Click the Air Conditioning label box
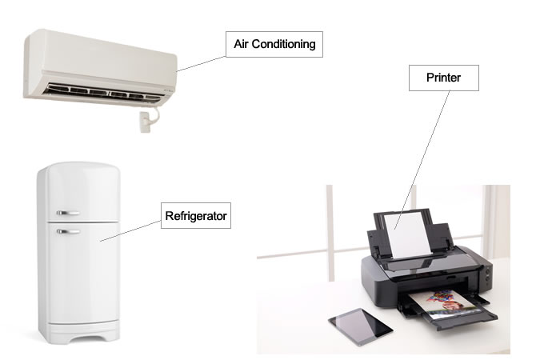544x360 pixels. (274, 44)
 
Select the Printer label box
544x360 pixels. (444, 78)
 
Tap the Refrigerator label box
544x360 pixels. (196, 215)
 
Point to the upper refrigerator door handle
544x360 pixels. (68, 213)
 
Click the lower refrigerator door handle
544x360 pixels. (68, 231)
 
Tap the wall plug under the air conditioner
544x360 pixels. (145, 122)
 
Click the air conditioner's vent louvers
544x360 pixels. (103, 93)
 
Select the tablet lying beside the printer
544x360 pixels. (361, 326)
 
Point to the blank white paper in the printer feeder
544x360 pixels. (409, 235)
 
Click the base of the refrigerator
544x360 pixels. (80, 333)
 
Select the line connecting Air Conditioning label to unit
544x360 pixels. (201, 64)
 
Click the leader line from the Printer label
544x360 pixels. (422, 160)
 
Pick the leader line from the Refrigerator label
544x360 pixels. (130, 230)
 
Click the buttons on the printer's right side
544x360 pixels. (489, 274)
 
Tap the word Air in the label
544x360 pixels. (241, 44)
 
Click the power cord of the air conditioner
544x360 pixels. (154, 114)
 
